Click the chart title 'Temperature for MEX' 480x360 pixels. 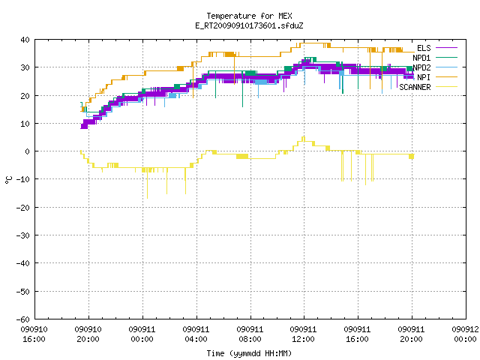[x=249, y=16]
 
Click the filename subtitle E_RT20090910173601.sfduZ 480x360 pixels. [x=249, y=25]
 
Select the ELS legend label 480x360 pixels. [x=424, y=48]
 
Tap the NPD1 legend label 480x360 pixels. [x=421, y=58]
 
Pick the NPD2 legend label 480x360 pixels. [x=421, y=67]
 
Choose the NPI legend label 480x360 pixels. [x=424, y=77]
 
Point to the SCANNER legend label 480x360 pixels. [x=415, y=87]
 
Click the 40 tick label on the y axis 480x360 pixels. [x=25, y=40]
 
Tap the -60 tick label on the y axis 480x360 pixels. [x=23, y=319]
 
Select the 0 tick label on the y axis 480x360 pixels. [x=28, y=151]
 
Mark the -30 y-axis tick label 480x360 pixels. [x=23, y=235]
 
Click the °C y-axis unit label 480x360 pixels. [x=9, y=180]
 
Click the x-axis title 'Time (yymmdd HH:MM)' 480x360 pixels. [x=249, y=353]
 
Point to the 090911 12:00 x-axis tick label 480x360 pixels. [x=303, y=334]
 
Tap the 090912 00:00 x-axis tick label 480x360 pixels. [x=465, y=334]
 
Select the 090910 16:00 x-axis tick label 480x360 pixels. [x=34, y=334]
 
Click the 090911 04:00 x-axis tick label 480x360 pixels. [x=196, y=334]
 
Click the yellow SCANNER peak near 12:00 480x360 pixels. [x=304, y=137]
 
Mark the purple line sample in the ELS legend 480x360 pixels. [x=446, y=48]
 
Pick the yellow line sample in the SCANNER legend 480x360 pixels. [x=446, y=87]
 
